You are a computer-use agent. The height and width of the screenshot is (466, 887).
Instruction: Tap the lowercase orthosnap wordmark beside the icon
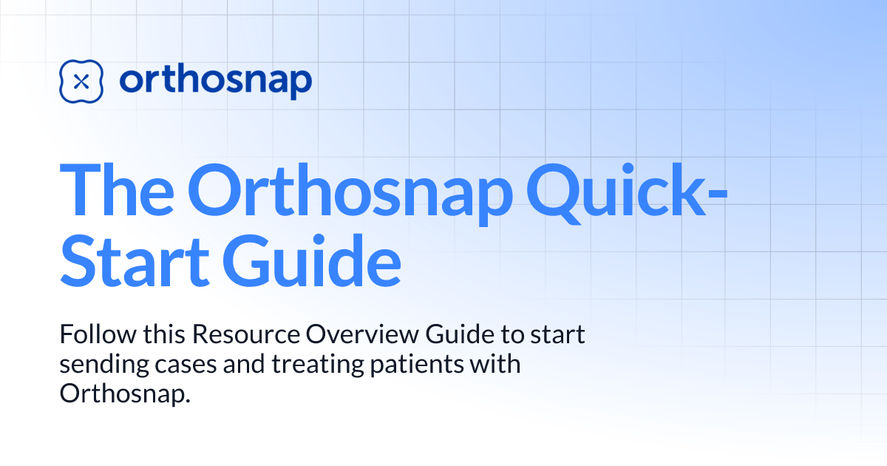(215, 81)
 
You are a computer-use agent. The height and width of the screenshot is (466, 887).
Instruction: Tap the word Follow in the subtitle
(87, 334)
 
